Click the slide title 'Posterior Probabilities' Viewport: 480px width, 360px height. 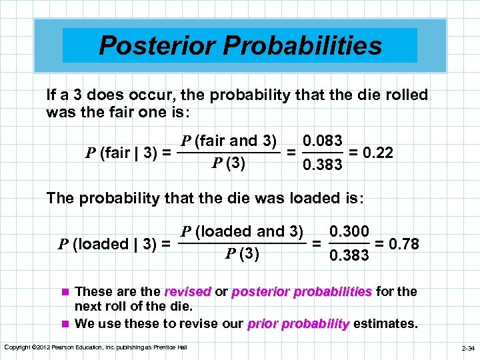point(240,45)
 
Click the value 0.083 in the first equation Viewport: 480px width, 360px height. point(323,141)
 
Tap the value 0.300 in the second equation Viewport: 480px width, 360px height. point(349,232)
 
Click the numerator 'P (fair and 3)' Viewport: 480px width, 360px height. point(229,141)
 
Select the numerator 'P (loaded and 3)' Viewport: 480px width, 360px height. point(242,231)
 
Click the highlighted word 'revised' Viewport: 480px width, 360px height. point(187,292)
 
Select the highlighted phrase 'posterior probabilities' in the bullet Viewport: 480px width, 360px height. point(302,292)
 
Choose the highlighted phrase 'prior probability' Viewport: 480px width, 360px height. point(298,324)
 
